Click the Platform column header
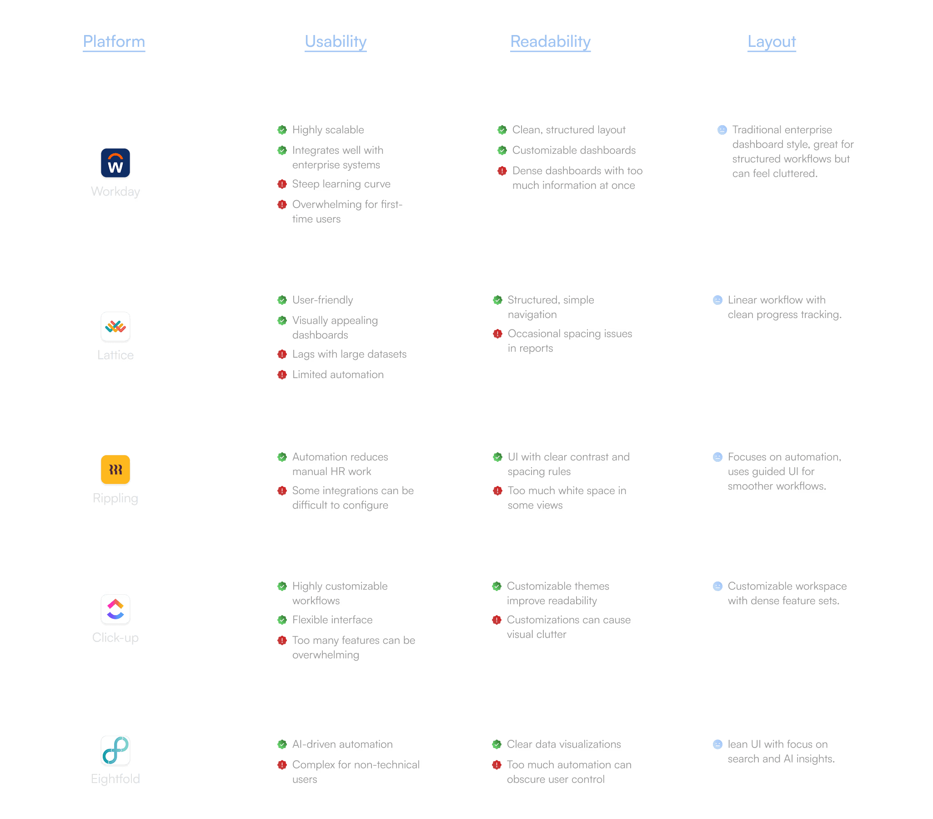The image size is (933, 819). [114, 41]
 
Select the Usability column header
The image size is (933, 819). [336, 41]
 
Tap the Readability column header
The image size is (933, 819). [551, 41]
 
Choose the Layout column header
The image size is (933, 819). [772, 41]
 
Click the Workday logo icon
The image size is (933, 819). [115, 163]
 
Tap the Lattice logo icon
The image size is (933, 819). [115, 327]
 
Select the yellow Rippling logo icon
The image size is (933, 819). [115, 470]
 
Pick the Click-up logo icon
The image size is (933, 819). [115, 609]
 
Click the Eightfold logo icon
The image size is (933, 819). [115, 750]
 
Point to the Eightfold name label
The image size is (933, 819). [115, 779]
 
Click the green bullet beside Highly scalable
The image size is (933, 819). [282, 130]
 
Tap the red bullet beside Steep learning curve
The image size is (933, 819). [282, 184]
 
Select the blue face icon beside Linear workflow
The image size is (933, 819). [717, 300]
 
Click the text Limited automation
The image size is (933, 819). [338, 374]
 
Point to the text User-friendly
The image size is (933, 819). [323, 300]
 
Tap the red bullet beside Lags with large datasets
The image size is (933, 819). [282, 354]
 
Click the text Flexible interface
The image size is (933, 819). [333, 620]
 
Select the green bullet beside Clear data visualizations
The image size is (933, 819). [497, 744]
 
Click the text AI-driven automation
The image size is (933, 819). [342, 744]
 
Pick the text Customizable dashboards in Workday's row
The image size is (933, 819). [574, 150]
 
